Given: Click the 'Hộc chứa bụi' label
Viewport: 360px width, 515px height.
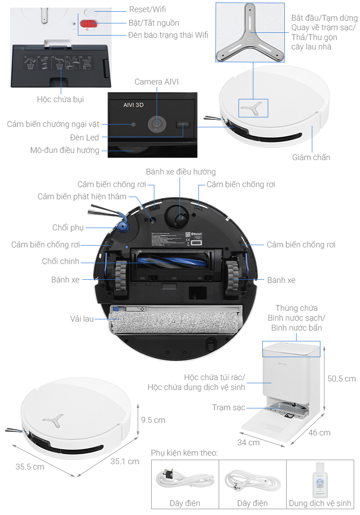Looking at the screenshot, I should click(x=60, y=99).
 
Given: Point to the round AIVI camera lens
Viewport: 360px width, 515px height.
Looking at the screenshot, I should click(x=157, y=124).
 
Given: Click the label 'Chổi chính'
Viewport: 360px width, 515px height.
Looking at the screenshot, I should click(x=61, y=261).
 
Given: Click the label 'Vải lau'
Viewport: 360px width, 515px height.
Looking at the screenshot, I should click(x=82, y=318).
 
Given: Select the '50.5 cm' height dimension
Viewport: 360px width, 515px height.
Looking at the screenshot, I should click(x=342, y=379).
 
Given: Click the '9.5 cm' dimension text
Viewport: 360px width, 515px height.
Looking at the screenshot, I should click(x=153, y=420).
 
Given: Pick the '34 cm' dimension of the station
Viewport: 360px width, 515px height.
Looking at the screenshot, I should click(x=248, y=443).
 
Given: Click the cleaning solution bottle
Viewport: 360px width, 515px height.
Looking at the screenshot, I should click(x=320, y=480).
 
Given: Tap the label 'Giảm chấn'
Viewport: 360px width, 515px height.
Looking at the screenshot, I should click(x=311, y=157).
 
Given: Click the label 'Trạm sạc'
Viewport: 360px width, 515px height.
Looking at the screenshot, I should click(x=229, y=408).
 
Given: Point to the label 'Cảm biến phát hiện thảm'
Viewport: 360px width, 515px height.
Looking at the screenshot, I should click(x=82, y=197).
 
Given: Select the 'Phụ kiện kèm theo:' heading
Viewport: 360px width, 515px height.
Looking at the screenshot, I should click(x=184, y=453).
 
